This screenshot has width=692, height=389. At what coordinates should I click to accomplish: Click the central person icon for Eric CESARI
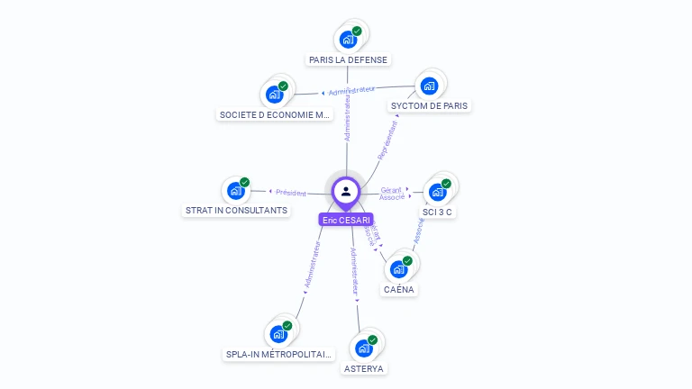pos(346,191)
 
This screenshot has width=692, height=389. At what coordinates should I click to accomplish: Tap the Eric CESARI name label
pos(346,220)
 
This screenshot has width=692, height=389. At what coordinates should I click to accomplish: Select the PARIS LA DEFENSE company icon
pos(348,40)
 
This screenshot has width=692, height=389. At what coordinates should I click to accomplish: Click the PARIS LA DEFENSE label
pos(348,60)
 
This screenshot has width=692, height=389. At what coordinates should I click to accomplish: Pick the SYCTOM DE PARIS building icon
pos(429,86)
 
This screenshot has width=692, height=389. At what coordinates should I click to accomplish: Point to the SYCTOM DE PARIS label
pos(430,106)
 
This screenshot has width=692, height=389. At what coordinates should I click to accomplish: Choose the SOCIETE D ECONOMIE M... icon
pos(274,95)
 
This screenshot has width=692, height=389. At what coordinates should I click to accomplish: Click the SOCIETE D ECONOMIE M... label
pos(276,115)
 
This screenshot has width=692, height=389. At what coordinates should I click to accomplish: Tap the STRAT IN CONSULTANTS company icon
pos(236,191)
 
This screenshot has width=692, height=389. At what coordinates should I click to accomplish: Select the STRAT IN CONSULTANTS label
pos(236,211)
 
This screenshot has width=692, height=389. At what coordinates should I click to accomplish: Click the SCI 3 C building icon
pos(438,192)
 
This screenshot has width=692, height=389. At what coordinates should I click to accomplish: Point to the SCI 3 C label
pos(438,213)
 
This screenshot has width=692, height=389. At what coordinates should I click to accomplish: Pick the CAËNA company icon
pos(399,269)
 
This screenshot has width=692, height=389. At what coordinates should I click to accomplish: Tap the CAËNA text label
pos(399,290)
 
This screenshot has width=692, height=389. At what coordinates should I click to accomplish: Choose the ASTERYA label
pos(364,368)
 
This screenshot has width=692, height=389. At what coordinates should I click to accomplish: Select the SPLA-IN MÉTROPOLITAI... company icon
pos(278,334)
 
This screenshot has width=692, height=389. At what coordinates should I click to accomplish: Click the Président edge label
pos(290,193)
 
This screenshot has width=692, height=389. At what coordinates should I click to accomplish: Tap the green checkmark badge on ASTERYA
pos(372,340)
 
